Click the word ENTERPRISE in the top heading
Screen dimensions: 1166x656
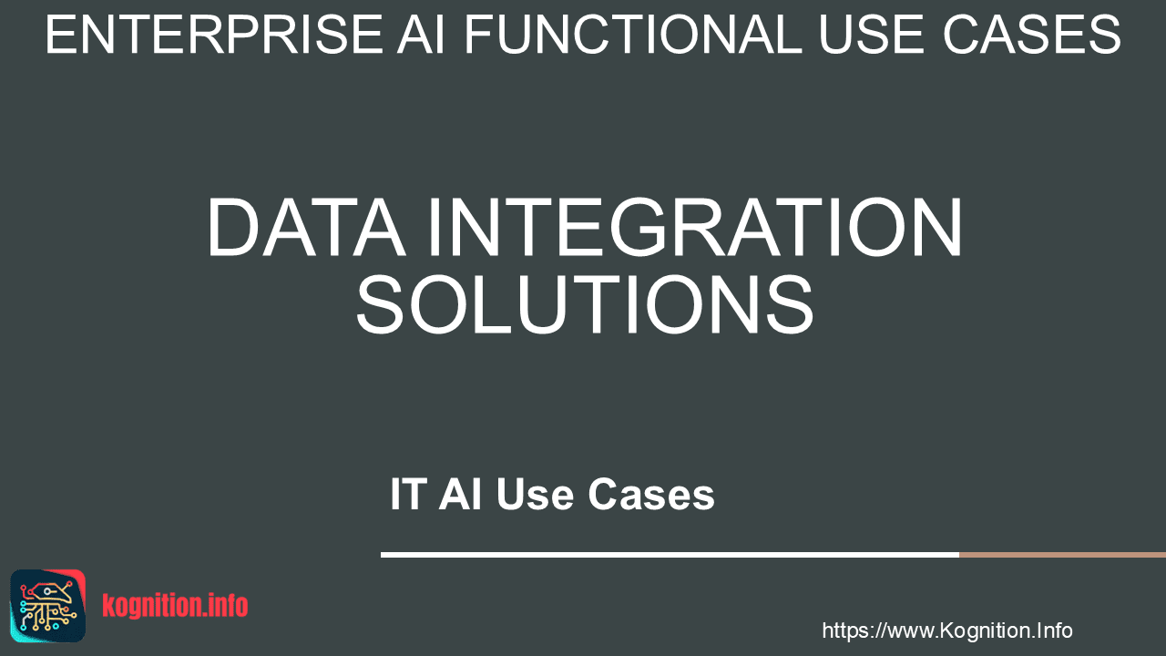click(214, 35)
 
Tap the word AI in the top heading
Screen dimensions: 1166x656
click(421, 35)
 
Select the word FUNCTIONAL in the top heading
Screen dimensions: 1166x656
click(632, 35)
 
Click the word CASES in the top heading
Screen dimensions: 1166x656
click(1032, 35)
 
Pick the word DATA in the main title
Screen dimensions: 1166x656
click(306, 227)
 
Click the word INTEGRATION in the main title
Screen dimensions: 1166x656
click(694, 227)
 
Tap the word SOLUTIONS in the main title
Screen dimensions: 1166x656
click(584, 304)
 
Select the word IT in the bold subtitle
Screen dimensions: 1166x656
click(409, 494)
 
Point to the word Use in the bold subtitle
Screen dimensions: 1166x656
click(535, 494)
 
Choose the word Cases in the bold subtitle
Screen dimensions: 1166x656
click(651, 494)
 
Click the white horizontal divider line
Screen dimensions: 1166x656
click(670, 555)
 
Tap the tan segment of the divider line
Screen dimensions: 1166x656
click(1062, 555)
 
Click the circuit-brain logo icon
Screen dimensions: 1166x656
click(48, 606)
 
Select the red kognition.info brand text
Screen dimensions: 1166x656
click(175, 606)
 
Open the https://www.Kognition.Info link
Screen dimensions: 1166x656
click(946, 630)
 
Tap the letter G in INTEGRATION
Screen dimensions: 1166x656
click(640, 227)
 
